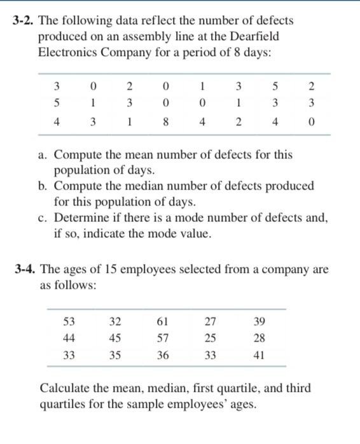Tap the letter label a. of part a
pos(45,155)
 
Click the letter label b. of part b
pos(45,186)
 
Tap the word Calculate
pos(66,387)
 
